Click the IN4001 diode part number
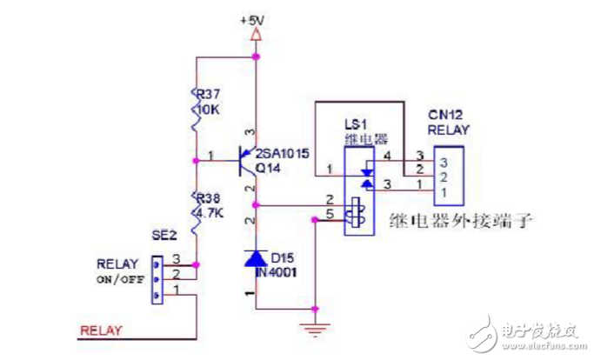(x=278, y=271)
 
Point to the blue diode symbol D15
(x=255, y=258)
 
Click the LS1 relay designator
(x=360, y=124)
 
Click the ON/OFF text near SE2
(x=120, y=279)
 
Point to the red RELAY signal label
(x=101, y=330)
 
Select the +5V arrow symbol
(x=255, y=36)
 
